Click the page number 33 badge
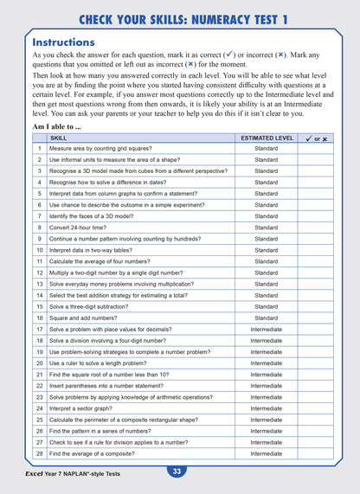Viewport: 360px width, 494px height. pos(176,472)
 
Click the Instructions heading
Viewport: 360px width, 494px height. pos(63,42)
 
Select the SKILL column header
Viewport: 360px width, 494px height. pos(59,138)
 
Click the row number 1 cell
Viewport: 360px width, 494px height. pos(39,149)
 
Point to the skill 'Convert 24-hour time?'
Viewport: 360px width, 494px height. pos(83,228)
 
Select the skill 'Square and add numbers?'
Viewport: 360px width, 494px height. pos(87,318)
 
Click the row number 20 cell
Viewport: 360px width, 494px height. pos(39,363)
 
